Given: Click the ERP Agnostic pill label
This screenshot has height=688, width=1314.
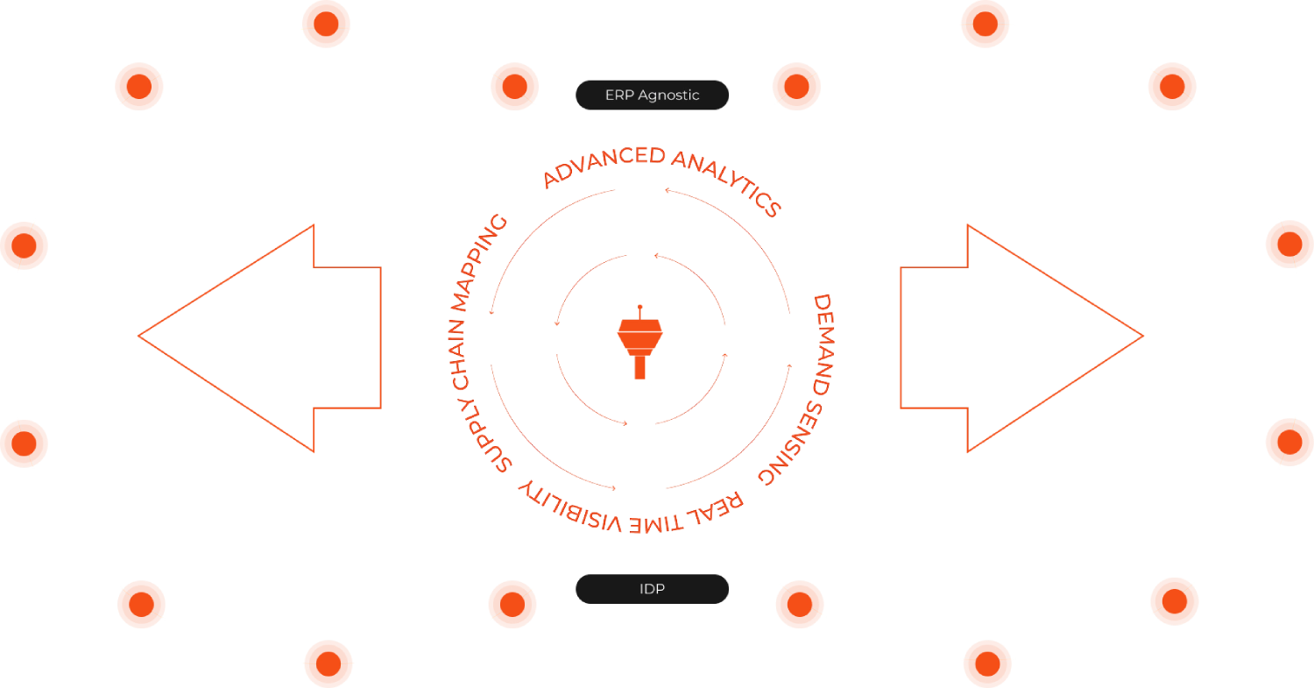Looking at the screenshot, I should (x=652, y=95).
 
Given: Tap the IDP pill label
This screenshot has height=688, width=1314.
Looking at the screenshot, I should (x=652, y=589).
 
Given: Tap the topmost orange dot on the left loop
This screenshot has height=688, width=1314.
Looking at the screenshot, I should (x=326, y=24).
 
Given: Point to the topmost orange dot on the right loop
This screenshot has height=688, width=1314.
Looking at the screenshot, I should (x=986, y=24).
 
